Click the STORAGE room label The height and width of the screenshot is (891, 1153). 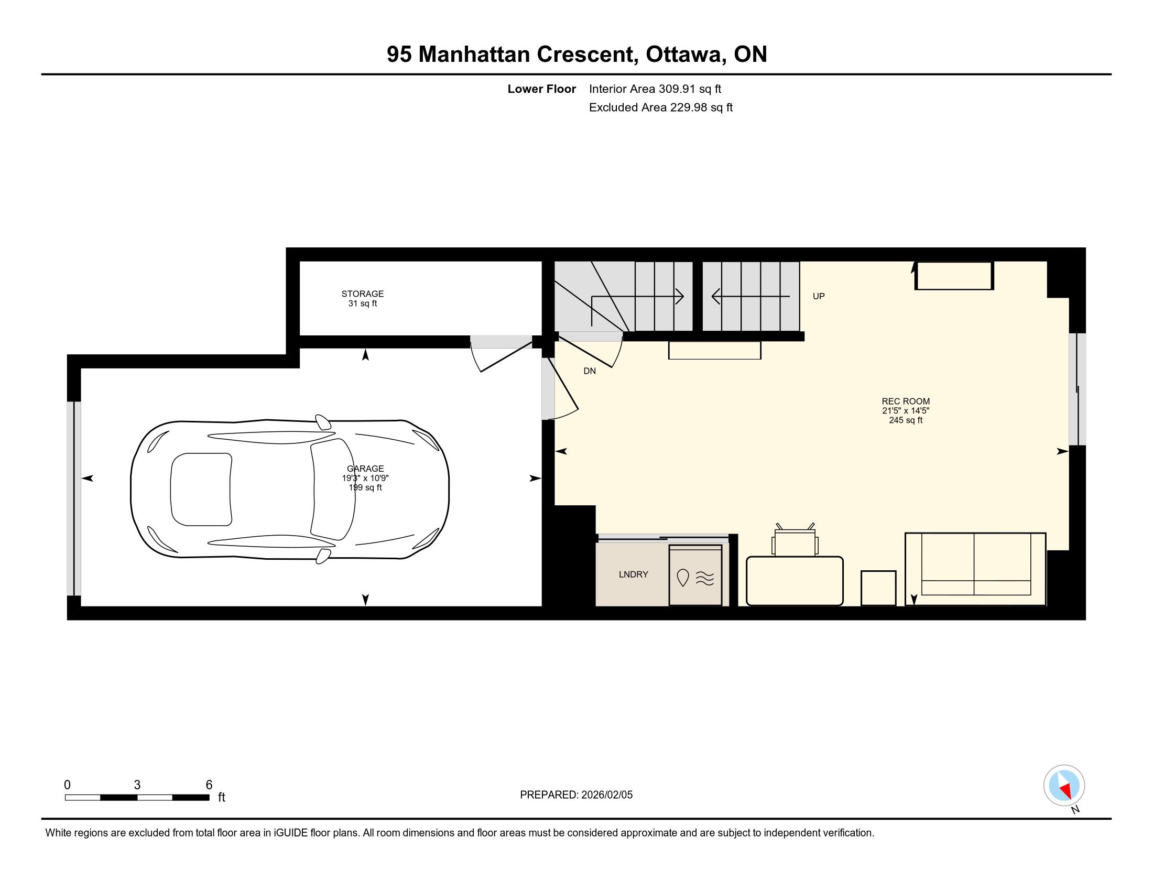[362, 294]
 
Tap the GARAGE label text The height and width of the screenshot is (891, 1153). [365, 469]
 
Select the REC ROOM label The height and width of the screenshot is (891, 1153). [906, 401]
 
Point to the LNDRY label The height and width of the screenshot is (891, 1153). [633, 574]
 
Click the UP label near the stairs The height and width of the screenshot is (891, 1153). [818, 296]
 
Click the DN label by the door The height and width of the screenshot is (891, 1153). [589, 371]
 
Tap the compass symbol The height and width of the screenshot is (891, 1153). [1064, 785]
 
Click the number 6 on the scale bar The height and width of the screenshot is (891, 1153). [209, 785]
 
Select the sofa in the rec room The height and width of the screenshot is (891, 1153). [975, 569]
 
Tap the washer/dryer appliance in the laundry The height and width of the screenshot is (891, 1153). [695, 575]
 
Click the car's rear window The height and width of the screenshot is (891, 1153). [201, 490]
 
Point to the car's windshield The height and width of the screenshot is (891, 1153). [333, 490]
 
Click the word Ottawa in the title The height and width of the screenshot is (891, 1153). [683, 55]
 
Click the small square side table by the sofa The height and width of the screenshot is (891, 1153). [878, 588]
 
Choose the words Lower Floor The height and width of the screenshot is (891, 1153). [542, 89]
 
